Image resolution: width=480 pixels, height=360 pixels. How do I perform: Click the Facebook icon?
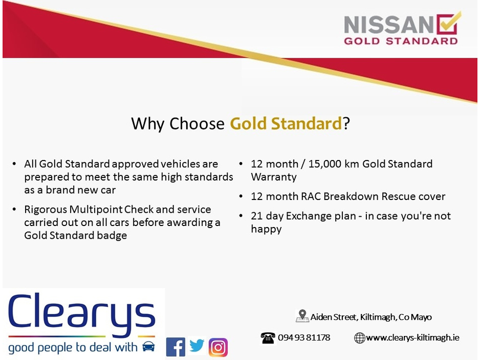click(x=176, y=347)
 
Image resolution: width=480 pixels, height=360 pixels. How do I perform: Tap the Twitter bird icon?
click(x=197, y=346)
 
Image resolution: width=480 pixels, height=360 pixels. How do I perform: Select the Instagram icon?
click(x=218, y=347)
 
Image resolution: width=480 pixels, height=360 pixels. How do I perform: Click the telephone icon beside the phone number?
click(x=268, y=338)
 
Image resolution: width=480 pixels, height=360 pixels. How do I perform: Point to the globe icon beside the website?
click(x=359, y=338)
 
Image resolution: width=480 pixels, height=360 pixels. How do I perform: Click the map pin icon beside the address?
click(x=302, y=316)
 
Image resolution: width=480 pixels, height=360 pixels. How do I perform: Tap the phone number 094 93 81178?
click(x=304, y=337)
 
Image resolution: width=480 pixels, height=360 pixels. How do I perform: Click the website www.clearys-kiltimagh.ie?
click(x=412, y=337)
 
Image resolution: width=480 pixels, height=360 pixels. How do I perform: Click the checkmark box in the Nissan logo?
click(x=448, y=23)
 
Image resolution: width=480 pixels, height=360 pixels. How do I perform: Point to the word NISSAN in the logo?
click(x=389, y=25)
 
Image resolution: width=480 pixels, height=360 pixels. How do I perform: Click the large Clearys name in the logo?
click(x=82, y=313)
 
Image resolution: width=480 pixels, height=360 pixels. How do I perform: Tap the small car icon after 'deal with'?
click(x=148, y=347)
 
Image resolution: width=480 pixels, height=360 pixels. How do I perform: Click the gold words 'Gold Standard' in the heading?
click(x=286, y=124)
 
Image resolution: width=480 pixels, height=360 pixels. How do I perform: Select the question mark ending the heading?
click(x=346, y=123)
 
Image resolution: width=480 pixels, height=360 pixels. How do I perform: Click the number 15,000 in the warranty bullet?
click(x=324, y=164)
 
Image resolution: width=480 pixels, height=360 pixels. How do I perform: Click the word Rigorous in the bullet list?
click(x=46, y=210)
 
